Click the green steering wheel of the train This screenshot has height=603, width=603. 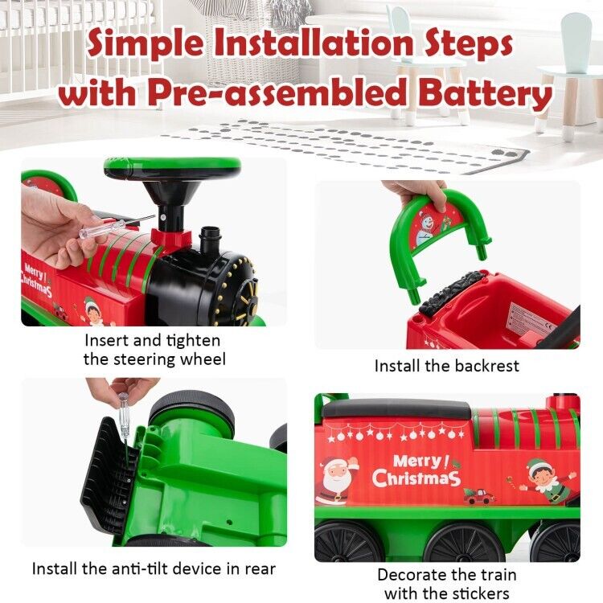click(x=172, y=168)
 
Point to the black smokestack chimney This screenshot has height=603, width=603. click(x=210, y=240)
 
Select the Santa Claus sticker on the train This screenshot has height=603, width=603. click(x=335, y=480)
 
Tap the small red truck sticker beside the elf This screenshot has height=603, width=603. click(x=479, y=496)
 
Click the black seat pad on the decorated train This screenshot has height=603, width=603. click(x=396, y=408)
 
